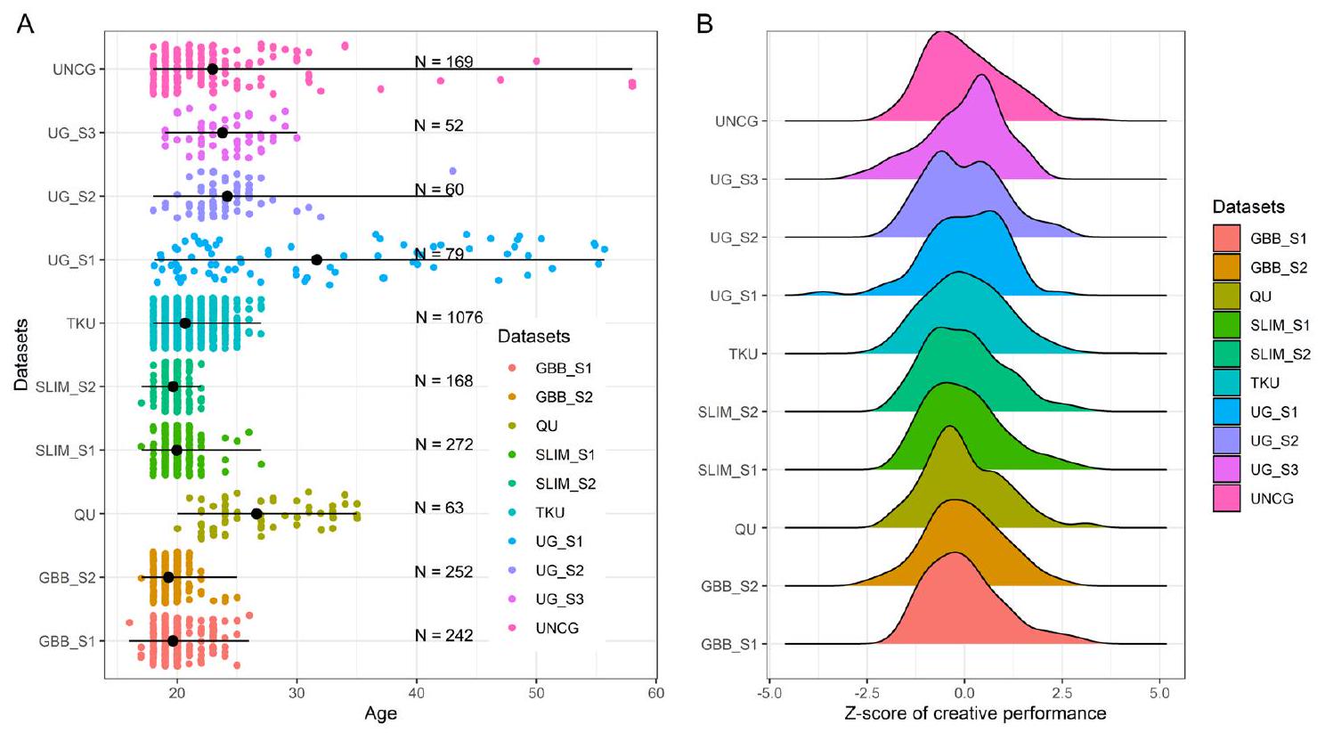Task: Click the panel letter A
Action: tap(26, 24)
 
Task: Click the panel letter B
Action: tap(704, 24)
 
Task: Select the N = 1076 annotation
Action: tap(449, 317)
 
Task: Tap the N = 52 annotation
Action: tap(439, 126)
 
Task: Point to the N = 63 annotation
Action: tap(439, 508)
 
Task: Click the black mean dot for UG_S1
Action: tap(316, 259)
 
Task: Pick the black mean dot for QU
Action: tap(256, 514)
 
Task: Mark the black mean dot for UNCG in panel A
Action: tap(212, 69)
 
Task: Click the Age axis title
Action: tap(380, 713)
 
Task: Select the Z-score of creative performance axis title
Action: tap(975, 713)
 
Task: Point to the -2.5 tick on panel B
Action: tap(866, 694)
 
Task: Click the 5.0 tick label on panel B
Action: tap(1159, 694)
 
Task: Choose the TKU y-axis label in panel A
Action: tap(81, 323)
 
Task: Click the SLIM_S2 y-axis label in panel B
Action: tap(727, 411)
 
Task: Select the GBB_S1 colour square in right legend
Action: tap(1226, 239)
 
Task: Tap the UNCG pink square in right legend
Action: tap(1226, 498)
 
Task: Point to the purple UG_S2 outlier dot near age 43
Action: tap(452, 171)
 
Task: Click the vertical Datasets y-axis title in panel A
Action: tap(21, 354)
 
